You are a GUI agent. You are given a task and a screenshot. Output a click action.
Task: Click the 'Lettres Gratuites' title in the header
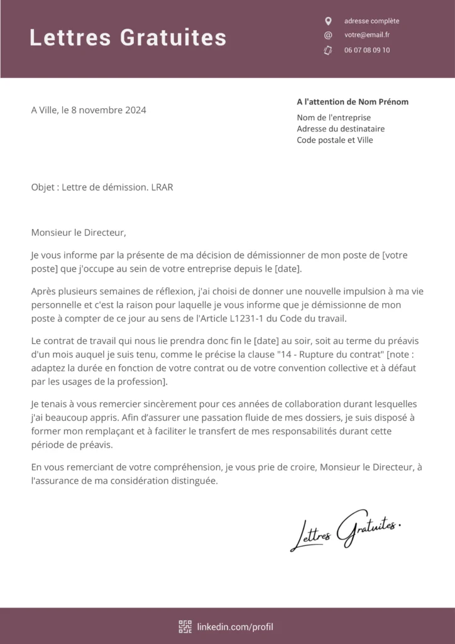(x=128, y=38)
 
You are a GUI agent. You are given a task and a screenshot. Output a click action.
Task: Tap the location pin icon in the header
(x=327, y=21)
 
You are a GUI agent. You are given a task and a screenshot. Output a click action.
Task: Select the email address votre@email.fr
(x=367, y=35)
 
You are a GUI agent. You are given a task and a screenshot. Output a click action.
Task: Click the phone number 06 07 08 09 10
(x=367, y=50)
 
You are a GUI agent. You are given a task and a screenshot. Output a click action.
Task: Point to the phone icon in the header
(x=327, y=50)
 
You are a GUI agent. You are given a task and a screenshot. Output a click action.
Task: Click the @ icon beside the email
(x=327, y=35)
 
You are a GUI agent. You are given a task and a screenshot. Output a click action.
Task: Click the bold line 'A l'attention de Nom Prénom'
(x=353, y=102)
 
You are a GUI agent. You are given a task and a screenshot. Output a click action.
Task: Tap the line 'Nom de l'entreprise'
(x=334, y=118)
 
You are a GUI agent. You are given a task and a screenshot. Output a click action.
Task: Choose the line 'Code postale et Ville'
(x=335, y=140)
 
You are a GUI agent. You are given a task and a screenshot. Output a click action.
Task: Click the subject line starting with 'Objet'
(x=102, y=187)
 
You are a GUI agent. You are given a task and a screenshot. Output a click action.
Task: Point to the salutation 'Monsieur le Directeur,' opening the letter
(x=79, y=233)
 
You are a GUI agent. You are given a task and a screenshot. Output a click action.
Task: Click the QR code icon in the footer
(x=185, y=626)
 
